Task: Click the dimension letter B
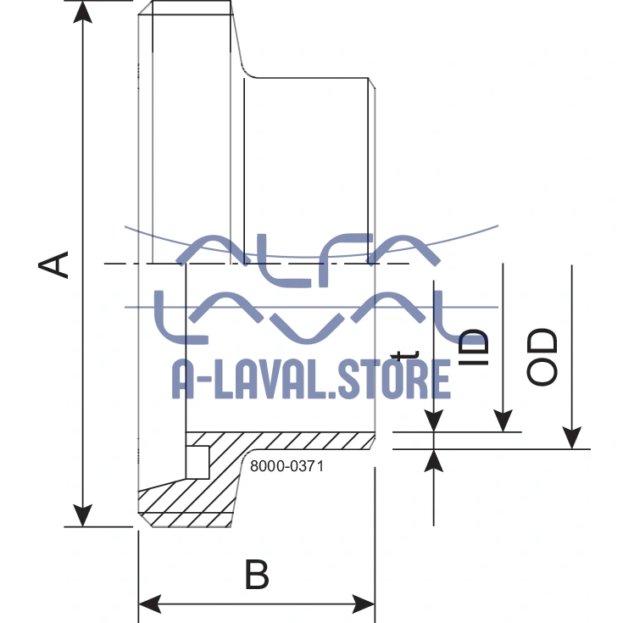257,576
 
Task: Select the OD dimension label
543,357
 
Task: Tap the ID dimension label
475,348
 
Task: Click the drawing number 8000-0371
287,465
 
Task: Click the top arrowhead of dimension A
82,12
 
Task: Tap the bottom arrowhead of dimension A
82,515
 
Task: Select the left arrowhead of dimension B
149,604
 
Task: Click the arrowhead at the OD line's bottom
573,437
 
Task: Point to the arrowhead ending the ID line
503,420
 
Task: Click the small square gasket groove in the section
197,461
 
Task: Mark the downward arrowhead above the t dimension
434,420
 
